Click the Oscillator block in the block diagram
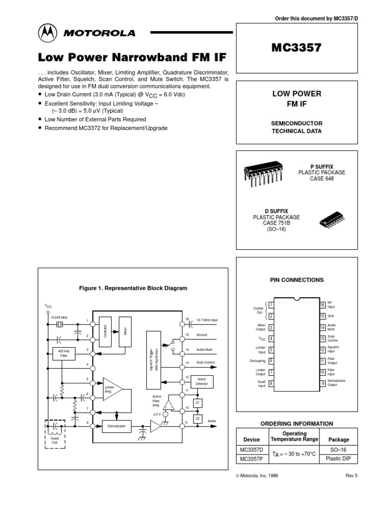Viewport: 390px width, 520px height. coord(105,331)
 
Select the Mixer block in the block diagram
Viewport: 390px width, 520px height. coord(124,331)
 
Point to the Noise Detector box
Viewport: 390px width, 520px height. coord(202,381)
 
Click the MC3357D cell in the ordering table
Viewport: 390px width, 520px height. coord(252,450)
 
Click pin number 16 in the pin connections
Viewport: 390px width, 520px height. coord(322,305)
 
